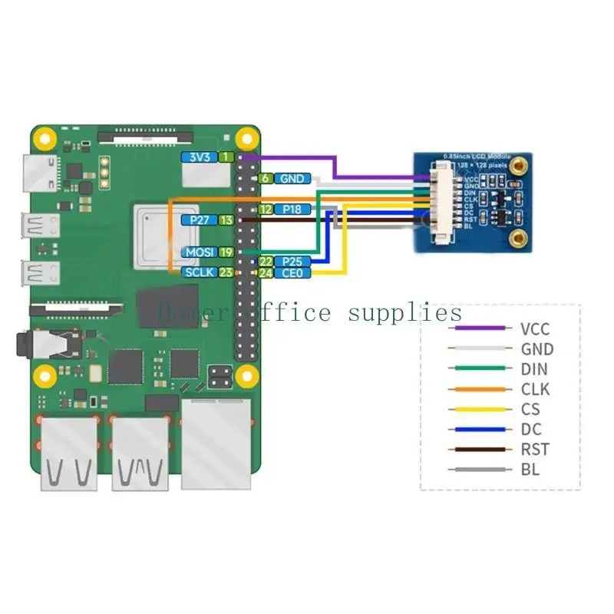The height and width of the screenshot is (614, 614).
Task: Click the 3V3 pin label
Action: pyautogui.click(x=198, y=157)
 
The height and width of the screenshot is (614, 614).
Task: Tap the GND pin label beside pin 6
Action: pyautogui.click(x=292, y=179)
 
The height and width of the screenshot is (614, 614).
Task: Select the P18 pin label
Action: pyautogui.click(x=292, y=209)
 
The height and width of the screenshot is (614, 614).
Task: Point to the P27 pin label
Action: pyautogui.click(x=198, y=220)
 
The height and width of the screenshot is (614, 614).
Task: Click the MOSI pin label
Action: pyautogui.click(x=198, y=252)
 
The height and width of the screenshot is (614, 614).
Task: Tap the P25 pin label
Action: pyautogui.click(x=292, y=262)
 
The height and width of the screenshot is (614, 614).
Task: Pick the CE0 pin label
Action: pyautogui.click(x=292, y=273)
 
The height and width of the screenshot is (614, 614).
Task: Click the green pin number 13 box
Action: pyautogui.click(x=226, y=220)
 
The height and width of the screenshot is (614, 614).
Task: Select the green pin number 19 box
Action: pyautogui.click(x=226, y=252)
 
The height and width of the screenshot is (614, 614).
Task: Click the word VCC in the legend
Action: pyautogui.click(x=535, y=329)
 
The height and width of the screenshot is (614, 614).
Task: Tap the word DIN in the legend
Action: pyautogui.click(x=535, y=369)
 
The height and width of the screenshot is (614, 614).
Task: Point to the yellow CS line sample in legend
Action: pyautogui.click(x=480, y=409)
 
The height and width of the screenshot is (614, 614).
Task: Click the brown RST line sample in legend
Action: pyautogui.click(x=480, y=449)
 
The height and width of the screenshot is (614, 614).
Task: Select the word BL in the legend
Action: pyautogui.click(x=530, y=469)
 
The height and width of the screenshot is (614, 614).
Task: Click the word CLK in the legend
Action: pyautogui.click(x=535, y=389)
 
